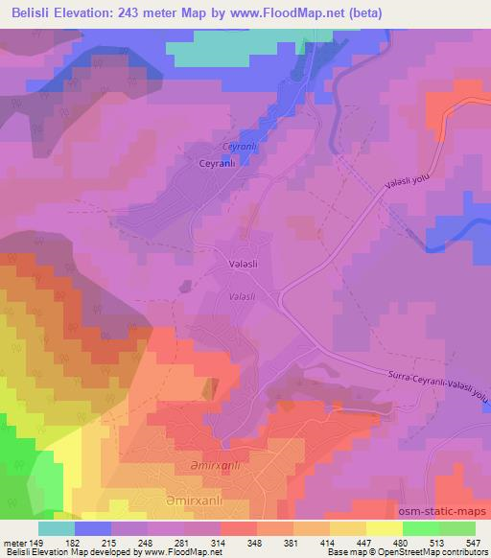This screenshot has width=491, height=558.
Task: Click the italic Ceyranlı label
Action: coord(236,146)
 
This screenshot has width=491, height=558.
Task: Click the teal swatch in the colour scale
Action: coord(58,528)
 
